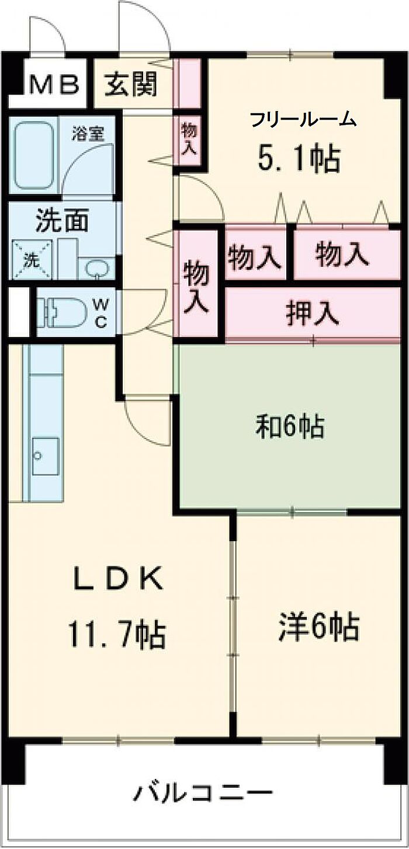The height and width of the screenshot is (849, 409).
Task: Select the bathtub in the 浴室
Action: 34,155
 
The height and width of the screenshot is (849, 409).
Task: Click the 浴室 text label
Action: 88,133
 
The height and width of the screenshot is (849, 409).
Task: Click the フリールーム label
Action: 303,120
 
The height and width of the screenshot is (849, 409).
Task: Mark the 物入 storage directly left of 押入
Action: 197,286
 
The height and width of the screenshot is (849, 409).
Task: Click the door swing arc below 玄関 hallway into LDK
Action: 146,420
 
